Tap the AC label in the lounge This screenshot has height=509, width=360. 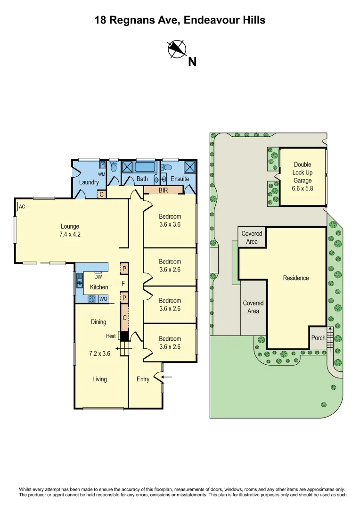pos(22,206)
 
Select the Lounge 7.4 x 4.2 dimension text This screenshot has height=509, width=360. pos(70,234)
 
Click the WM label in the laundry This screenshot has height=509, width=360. pos(101,174)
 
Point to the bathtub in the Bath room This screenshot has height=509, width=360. pos(145,167)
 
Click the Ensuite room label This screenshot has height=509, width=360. pos(180,179)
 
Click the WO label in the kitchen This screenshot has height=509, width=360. pos(103,299)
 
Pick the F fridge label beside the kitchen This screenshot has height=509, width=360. pos(123,284)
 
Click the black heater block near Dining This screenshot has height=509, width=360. pos(124,336)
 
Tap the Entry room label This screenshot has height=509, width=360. pos(143,379)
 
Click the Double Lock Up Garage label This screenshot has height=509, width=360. pos(303,172)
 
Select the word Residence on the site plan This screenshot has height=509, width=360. pos(296,278)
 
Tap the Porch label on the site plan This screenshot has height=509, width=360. pos(319,338)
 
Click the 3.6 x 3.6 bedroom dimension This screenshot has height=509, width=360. pos(170,224)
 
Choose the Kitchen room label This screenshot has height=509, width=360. pos(99,287)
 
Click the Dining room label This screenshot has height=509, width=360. pos(98,322)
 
